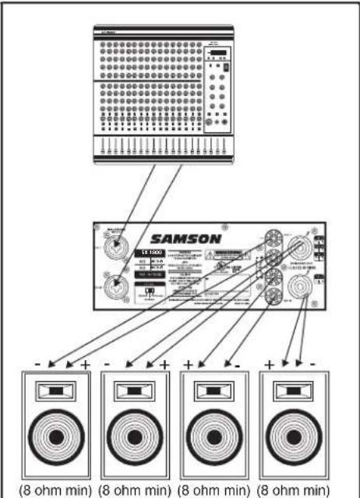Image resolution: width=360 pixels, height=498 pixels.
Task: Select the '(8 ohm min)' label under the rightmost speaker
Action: coord(303,489)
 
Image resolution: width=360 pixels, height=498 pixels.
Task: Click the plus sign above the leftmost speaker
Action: coord(84,365)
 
